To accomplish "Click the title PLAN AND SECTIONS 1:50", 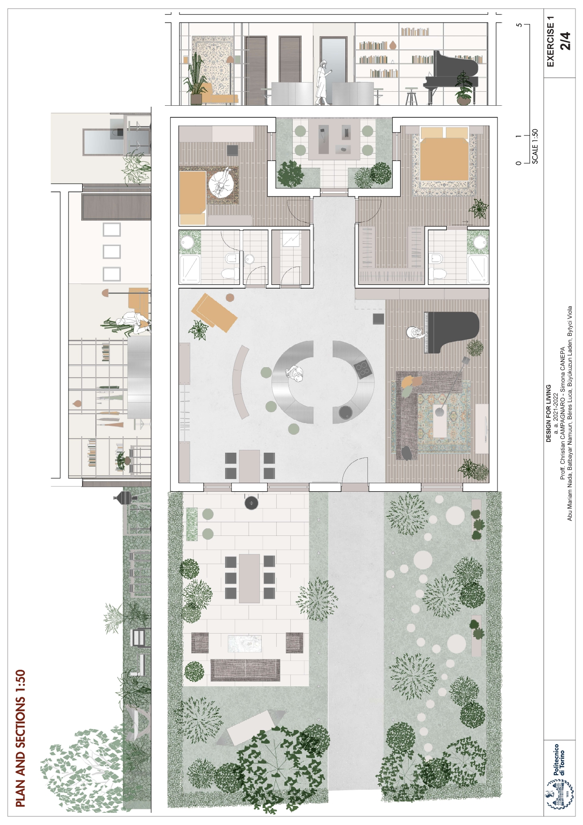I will (x=20, y=738).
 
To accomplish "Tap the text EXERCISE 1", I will (x=551, y=41).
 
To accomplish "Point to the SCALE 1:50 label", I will (x=535, y=146).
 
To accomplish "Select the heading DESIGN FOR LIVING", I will (x=548, y=414).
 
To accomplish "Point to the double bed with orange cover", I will (x=444, y=158).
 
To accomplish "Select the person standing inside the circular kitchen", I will (x=295, y=374).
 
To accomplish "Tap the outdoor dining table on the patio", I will (x=249, y=578).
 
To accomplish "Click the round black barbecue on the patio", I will (x=251, y=503).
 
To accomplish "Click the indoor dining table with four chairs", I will (x=249, y=465).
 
